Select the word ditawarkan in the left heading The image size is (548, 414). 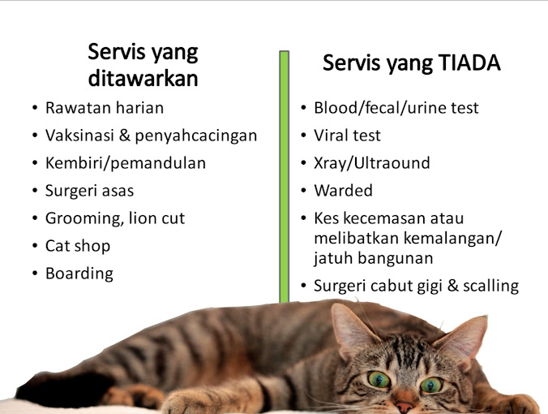click(143, 79)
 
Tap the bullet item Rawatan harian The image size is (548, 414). click(105, 107)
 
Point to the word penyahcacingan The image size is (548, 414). click(202, 136)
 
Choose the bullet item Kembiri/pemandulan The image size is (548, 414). click(126, 162)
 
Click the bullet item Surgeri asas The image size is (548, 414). click(89, 191)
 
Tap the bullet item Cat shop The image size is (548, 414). click(78, 245)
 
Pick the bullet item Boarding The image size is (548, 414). click(79, 273)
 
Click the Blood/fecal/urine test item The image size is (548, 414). click(396, 107)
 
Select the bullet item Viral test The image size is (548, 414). click(347, 135)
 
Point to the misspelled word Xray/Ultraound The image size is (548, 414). click(372, 162)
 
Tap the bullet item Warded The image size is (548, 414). click(343, 191)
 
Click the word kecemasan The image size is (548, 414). click(387, 218)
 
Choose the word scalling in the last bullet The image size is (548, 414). click(489, 286)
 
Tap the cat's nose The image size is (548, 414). click(405, 401)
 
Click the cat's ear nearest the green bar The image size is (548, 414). click(353, 329)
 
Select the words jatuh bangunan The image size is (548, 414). click(374, 258)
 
